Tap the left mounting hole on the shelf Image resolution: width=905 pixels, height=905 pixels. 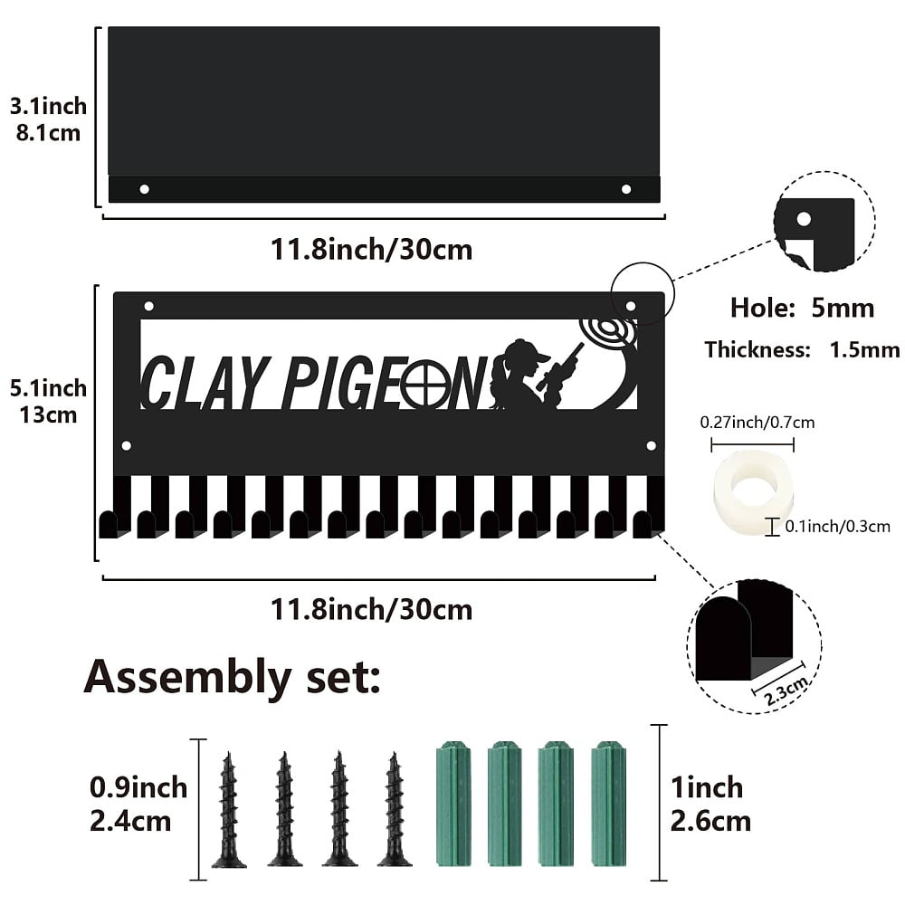point(144,189)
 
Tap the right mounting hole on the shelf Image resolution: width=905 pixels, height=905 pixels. point(625,189)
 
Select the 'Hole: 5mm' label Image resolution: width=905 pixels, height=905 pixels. point(802,308)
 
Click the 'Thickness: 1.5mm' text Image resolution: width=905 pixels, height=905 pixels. point(802,349)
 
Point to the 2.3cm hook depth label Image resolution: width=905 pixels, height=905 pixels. point(786,691)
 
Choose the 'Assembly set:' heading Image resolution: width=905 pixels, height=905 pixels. point(232,678)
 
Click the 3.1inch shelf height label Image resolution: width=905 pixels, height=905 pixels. point(48,106)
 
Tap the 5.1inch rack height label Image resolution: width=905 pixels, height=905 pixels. point(48,388)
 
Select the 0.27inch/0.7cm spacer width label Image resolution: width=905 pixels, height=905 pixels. point(757,423)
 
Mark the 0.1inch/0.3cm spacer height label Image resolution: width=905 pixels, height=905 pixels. point(837,527)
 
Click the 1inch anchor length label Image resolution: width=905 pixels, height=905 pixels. point(707,788)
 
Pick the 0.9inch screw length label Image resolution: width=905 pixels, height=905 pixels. point(138,788)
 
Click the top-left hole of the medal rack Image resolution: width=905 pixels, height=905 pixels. point(149,306)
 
